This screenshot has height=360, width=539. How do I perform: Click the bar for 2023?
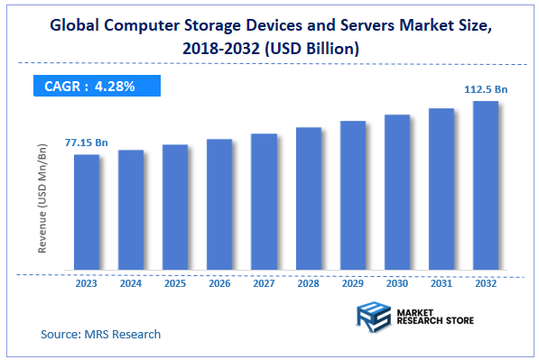click(87, 212)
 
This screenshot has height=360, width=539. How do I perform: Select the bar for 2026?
click(219, 204)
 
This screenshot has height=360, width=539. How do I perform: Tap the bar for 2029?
click(353, 195)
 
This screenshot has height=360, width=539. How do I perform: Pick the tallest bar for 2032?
click(486, 185)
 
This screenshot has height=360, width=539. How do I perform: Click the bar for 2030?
click(397, 192)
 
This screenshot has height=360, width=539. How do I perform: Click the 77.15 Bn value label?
click(87, 143)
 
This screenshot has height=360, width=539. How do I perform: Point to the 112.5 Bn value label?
click(486, 88)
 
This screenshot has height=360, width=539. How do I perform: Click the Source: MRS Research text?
click(101, 335)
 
